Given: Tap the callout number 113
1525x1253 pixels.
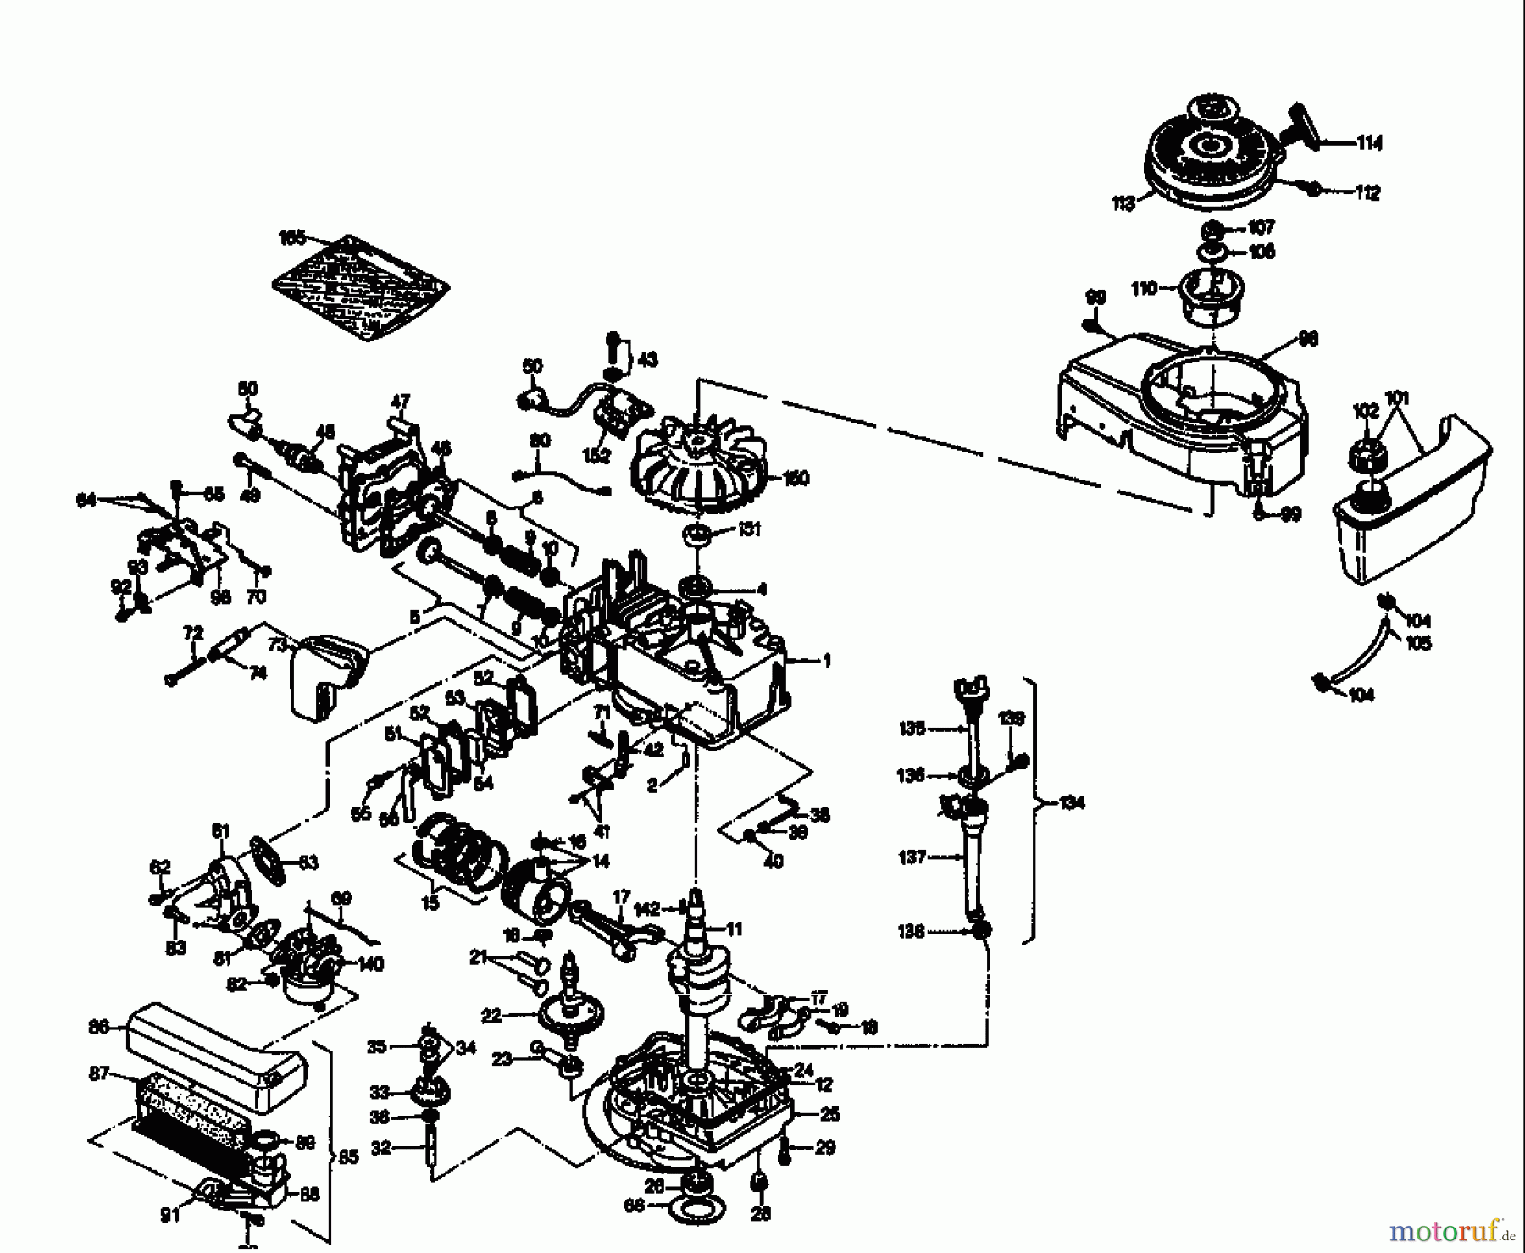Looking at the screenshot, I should [1123, 204].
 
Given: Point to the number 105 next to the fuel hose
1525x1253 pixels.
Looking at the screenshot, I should [1417, 644].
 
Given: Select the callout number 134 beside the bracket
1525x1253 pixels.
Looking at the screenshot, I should [1072, 802].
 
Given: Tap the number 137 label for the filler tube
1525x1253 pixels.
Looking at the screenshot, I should [912, 857].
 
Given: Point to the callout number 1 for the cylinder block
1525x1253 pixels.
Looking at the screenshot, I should [826, 661].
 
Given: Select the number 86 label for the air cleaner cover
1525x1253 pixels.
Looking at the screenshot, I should [99, 1027].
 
